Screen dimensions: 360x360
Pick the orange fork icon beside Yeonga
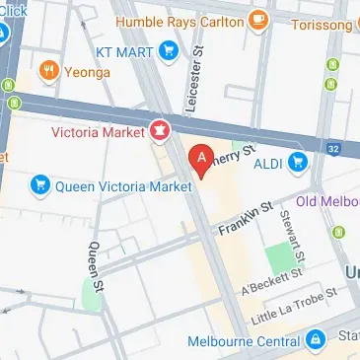pyautogui.click(x=44, y=70)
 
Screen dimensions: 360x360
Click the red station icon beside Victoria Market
pyautogui.click(x=158, y=129)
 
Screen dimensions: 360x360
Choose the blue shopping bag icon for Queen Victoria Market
pyautogui.click(x=40, y=182)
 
